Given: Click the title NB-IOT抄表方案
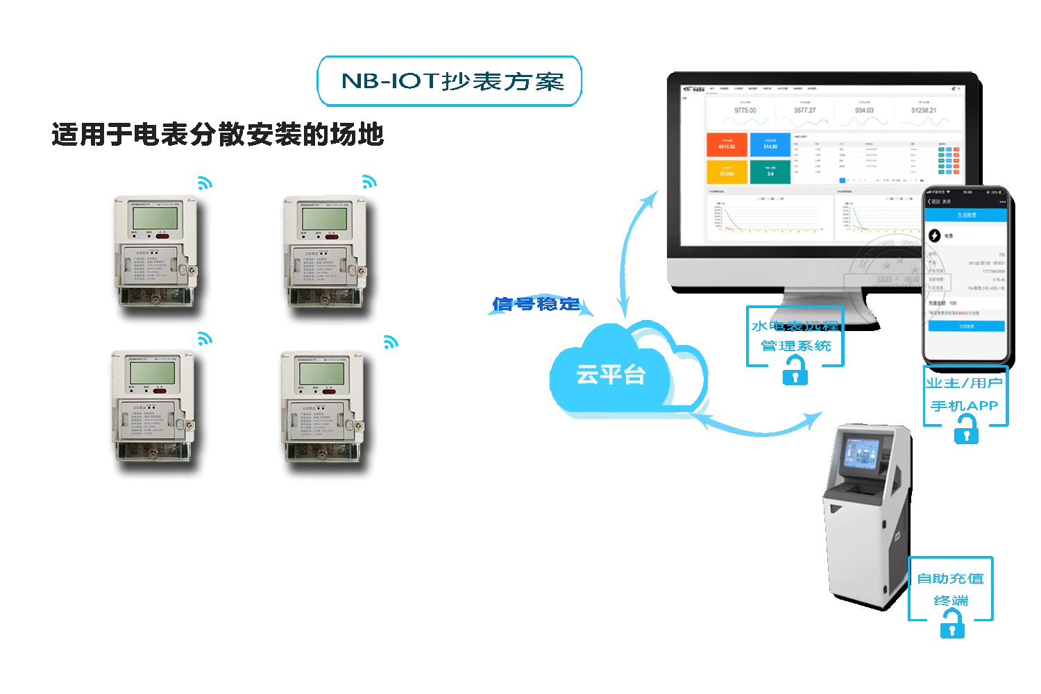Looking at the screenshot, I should coord(452,81).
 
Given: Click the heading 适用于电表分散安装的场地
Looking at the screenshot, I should coord(217,134).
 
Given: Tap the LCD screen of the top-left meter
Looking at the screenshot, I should coord(154,218).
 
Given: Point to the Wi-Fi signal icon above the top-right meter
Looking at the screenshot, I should coord(369,182).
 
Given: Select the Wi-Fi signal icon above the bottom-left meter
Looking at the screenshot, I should coord(204,339).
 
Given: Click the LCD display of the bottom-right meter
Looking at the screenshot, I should coord(322,373).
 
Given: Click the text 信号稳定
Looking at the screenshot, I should coord(536,304).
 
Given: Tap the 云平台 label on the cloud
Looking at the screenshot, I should coord(611,375).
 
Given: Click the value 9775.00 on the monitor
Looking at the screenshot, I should coord(745,110).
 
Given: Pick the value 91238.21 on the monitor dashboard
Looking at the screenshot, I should coord(924,110).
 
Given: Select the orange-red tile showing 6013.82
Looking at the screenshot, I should coord(727,145).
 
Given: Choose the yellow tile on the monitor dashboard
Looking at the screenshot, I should coord(727,171).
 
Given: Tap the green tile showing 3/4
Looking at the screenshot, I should coord(770,171).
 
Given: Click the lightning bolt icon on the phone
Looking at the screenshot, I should coord(935,236).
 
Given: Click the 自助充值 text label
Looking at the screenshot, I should coord(950,579).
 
